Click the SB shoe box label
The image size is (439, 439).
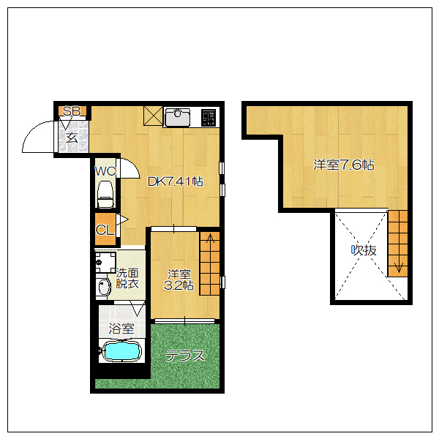[x=72, y=111]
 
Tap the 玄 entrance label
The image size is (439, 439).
[x=72, y=138]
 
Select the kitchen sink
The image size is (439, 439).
[x=178, y=117]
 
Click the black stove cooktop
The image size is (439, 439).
[x=209, y=117]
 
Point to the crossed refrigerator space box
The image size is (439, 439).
[x=153, y=116]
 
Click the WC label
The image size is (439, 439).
[x=105, y=171]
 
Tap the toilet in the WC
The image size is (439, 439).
[x=105, y=194]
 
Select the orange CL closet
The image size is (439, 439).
[x=105, y=229]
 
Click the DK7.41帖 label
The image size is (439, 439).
[x=176, y=181]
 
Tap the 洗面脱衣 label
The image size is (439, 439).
[x=127, y=278]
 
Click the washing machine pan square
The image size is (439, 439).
[x=105, y=263]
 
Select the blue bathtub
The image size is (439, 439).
[x=121, y=351]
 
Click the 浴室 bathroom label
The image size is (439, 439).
[x=121, y=329]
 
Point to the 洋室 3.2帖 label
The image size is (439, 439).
[x=179, y=279]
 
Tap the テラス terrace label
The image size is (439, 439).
[x=185, y=356]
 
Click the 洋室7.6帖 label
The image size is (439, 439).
[x=344, y=165]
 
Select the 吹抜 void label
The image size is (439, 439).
[x=364, y=250]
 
